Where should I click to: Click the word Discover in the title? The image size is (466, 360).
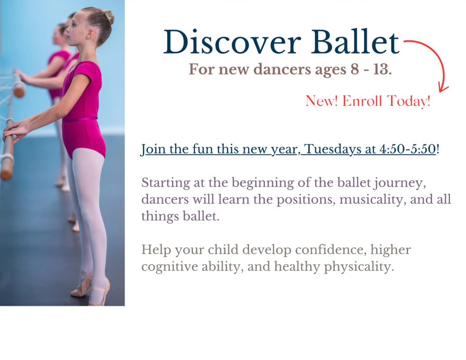(x=232, y=42)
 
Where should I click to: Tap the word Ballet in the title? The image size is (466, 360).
(x=355, y=42)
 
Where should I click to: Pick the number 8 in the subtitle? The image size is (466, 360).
(x=355, y=69)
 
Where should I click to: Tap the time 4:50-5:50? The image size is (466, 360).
(x=408, y=149)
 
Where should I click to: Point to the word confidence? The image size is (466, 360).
(x=330, y=250)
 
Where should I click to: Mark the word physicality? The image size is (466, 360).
(x=359, y=266)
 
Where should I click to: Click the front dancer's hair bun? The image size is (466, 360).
(x=109, y=17)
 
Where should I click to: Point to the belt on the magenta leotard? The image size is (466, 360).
(x=80, y=119)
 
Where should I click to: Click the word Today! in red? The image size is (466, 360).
(x=409, y=101)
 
